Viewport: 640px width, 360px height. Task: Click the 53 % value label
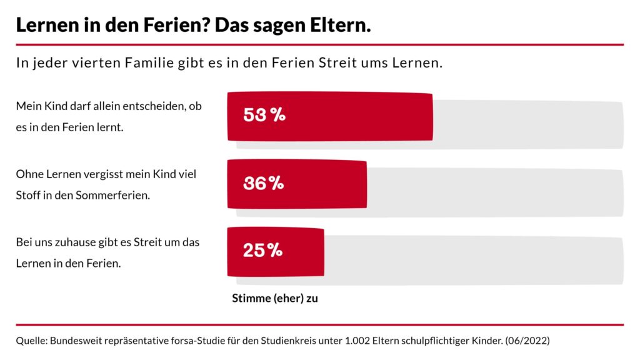tap(264, 115)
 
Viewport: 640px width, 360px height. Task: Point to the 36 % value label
tap(263, 183)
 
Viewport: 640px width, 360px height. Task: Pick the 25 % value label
tap(262, 251)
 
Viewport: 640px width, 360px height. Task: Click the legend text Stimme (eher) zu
tap(275, 298)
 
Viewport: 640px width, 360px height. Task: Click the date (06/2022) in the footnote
tap(527, 341)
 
